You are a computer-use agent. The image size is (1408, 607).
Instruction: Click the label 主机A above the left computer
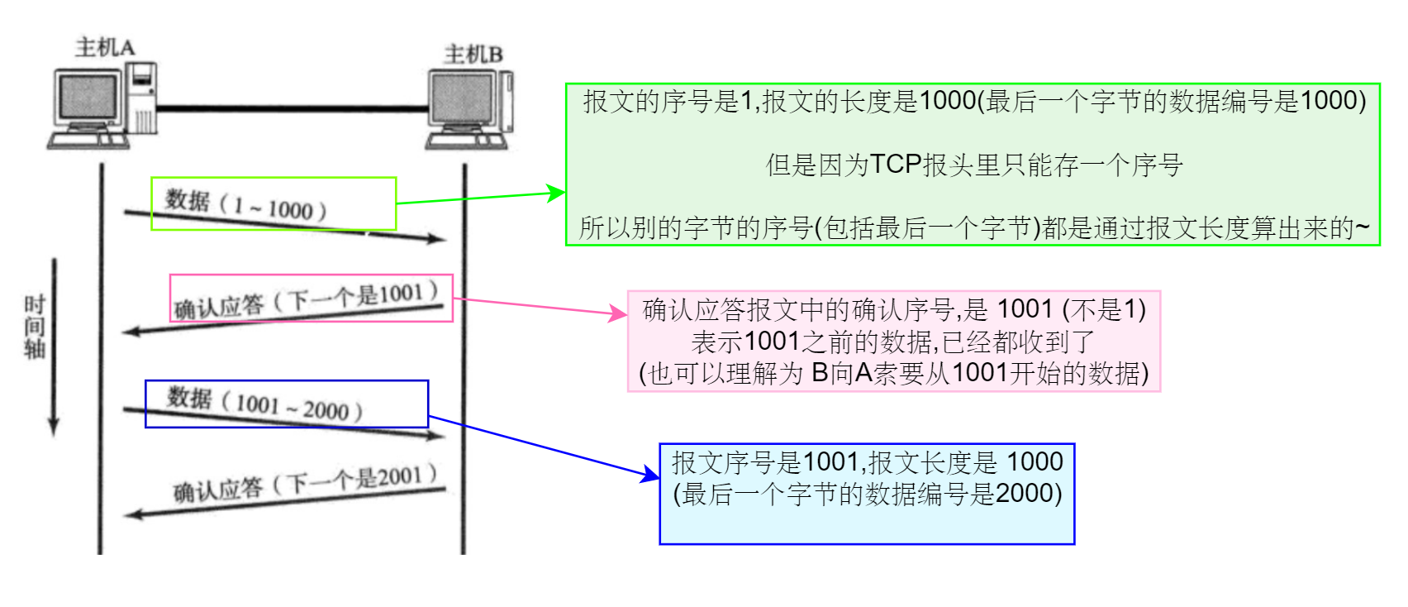click(104, 47)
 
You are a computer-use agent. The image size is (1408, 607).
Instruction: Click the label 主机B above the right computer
click(473, 55)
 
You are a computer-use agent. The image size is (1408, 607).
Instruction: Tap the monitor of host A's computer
click(88, 98)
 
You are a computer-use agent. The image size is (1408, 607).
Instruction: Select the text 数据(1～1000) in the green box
click(246, 204)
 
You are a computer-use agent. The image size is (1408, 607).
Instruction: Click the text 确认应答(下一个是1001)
click(306, 300)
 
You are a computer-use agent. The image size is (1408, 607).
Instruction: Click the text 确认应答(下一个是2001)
click(305, 483)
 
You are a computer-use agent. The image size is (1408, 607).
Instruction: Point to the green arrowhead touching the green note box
click(558, 193)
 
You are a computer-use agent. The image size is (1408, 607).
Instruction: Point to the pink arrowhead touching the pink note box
click(619, 313)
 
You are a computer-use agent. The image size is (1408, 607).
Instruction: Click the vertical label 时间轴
click(34, 327)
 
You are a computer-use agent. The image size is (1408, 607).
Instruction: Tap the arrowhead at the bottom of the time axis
click(54, 427)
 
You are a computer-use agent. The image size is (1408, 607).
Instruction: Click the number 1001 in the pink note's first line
click(1025, 309)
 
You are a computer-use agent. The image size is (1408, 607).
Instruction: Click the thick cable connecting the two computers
click(289, 108)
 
